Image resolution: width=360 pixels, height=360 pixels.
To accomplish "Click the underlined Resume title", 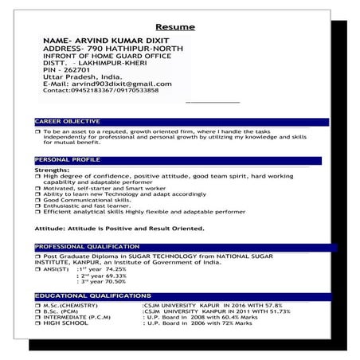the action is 175,27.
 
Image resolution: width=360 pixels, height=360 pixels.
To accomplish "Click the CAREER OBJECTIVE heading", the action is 67,121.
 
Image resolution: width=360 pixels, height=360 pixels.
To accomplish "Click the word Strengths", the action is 53,170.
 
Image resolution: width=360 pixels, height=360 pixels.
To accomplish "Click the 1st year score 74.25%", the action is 111,269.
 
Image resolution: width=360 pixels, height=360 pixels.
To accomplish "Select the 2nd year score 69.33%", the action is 109,276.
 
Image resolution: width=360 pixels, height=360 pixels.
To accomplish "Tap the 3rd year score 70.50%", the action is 109,282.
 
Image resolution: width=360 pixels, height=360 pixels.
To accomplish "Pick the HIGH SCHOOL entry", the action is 63,323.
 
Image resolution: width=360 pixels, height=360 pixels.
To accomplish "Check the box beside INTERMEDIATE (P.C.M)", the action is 37,317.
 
